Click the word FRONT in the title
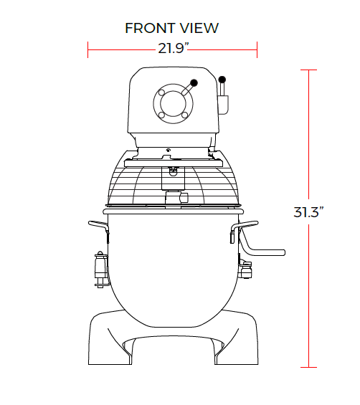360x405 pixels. [x=148, y=28]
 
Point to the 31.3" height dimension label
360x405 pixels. [x=309, y=212]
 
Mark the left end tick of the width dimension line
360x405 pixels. [x=88, y=49]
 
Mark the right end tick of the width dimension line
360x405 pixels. [x=257, y=49]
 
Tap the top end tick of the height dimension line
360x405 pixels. [x=308, y=70]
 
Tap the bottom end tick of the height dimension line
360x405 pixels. [x=308, y=367]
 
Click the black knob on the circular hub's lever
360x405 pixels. [x=194, y=82]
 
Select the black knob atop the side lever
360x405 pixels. [x=222, y=79]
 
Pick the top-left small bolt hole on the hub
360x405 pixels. [x=162, y=92]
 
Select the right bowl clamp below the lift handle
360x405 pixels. [x=247, y=271]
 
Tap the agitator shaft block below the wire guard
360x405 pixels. [x=174, y=199]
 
